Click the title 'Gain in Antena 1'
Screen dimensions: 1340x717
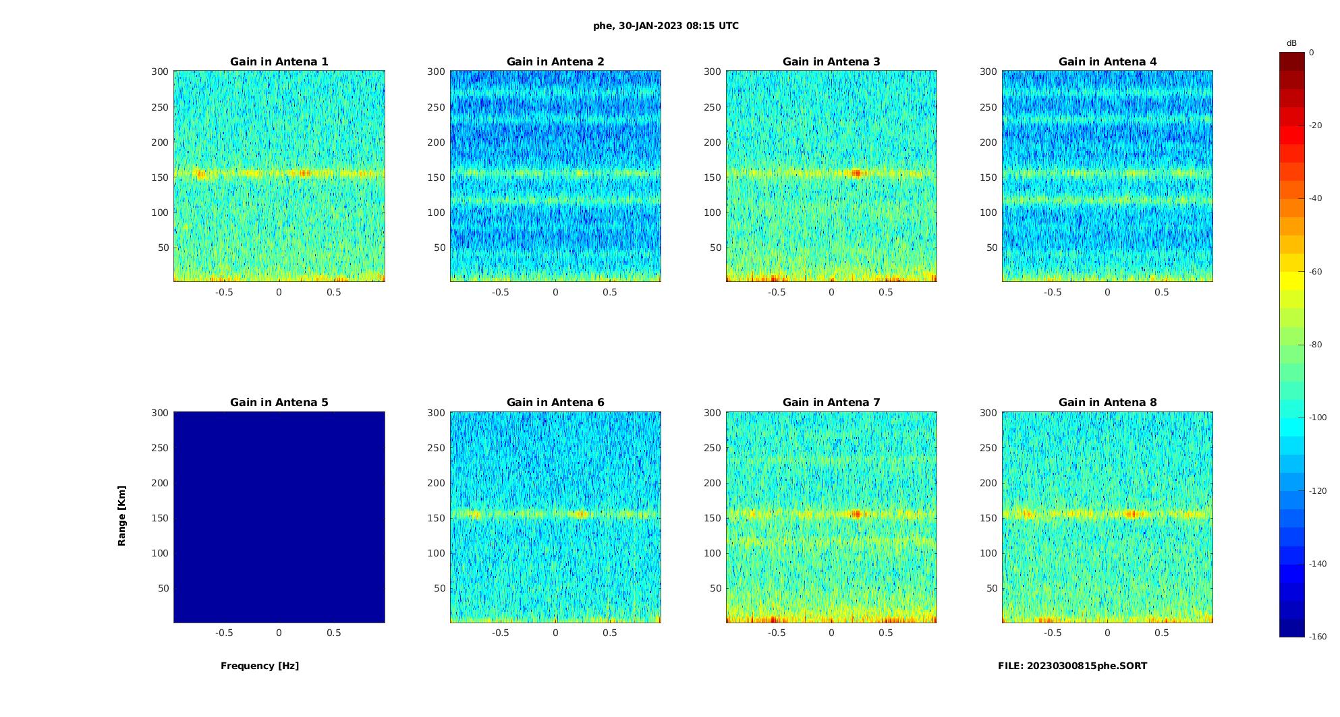pyautogui.click(x=279, y=62)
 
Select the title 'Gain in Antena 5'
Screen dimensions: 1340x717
pyautogui.click(x=279, y=403)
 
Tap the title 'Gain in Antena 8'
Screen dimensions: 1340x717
pyautogui.click(x=1107, y=403)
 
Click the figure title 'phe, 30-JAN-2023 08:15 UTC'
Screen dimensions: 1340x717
pyautogui.click(x=666, y=26)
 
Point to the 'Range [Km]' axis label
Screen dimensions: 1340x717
pyautogui.click(x=122, y=516)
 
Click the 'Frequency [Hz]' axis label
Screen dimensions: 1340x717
pyautogui.click(x=260, y=666)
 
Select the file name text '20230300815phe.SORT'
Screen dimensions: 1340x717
pyautogui.click(x=1087, y=666)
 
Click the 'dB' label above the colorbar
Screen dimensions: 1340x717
pyautogui.click(x=1291, y=43)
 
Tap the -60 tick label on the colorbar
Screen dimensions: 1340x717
pyautogui.click(x=1316, y=272)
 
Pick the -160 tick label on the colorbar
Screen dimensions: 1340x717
pyautogui.click(x=1318, y=637)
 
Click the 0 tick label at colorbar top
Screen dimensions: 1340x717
pyautogui.click(x=1312, y=53)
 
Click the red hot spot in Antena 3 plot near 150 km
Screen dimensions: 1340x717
pyautogui.click(x=856, y=173)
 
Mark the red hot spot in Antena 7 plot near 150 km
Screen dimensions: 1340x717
pyautogui.click(x=856, y=514)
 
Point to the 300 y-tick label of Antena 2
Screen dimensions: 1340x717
pyautogui.click(x=437, y=72)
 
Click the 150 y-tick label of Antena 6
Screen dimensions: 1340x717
pyautogui.click(x=437, y=519)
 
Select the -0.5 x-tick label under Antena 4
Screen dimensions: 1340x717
pyautogui.click(x=1053, y=293)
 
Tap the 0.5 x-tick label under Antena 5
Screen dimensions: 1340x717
pyautogui.click(x=334, y=633)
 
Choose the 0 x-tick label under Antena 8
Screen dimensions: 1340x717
pyautogui.click(x=1107, y=633)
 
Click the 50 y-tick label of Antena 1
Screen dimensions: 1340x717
pyautogui.click(x=164, y=248)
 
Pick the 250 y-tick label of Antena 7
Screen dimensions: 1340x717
pyautogui.click(x=713, y=449)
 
